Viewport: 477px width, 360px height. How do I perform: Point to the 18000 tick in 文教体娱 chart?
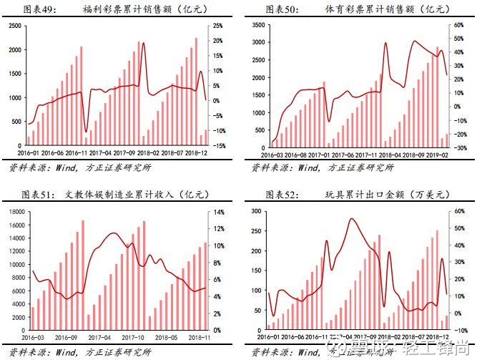point(15,213)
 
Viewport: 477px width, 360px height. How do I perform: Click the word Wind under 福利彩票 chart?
point(71,167)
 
